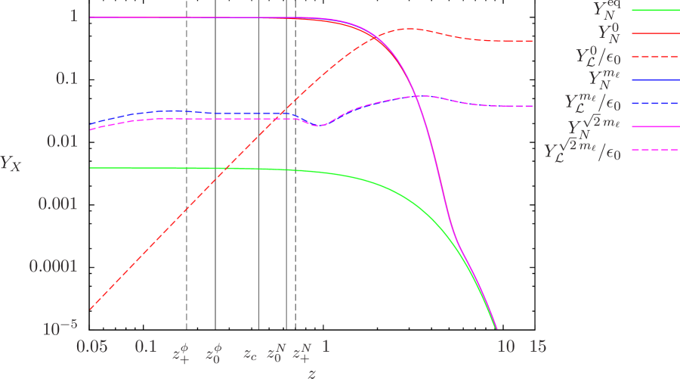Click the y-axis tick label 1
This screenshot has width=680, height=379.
(x=74, y=16)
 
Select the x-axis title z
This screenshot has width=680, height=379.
(x=311, y=372)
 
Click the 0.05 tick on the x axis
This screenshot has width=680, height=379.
(x=91, y=346)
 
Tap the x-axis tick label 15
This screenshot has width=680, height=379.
(x=536, y=346)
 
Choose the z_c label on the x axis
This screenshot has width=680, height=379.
(x=250, y=353)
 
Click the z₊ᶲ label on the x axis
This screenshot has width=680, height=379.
(x=181, y=352)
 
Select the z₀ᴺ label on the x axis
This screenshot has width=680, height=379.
(x=277, y=352)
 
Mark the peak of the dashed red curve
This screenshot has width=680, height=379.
(x=408, y=29)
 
